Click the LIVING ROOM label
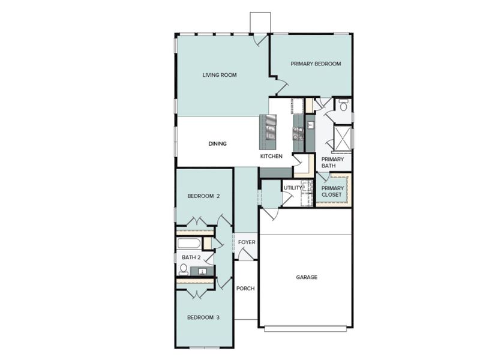[219, 75]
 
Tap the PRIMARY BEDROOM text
[316, 64]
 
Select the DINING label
[217, 144]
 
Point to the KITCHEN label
[271, 156]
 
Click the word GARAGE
[306, 277]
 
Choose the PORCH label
[245, 289]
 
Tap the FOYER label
[247, 242]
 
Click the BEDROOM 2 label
[203, 196]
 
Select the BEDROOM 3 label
[203, 317]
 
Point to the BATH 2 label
[191, 258]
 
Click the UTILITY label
[293, 188]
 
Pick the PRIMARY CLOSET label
[332, 191]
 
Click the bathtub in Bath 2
[190, 244]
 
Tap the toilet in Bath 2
[184, 269]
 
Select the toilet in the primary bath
[343, 106]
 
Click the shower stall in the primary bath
[343, 137]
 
